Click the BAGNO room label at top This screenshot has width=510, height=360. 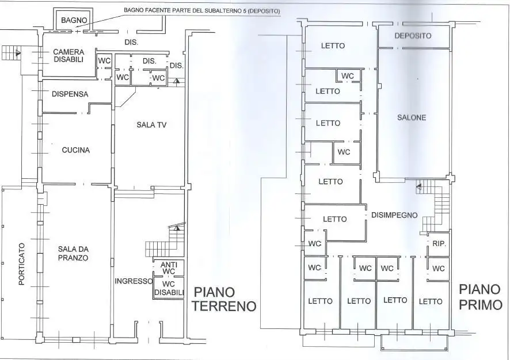[74, 20]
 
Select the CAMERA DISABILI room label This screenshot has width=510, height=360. [68, 56]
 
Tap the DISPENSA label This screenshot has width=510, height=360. [70, 94]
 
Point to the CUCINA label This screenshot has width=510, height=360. [76, 151]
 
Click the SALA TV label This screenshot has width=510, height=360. [151, 125]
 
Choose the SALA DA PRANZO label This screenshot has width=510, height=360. [73, 254]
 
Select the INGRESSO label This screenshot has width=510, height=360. [133, 281]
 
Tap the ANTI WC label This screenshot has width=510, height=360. [168, 268]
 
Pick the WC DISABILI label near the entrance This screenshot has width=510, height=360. [169, 288]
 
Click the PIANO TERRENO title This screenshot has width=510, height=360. [223, 298]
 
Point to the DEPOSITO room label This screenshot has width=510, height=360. [413, 36]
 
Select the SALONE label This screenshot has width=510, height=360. [412, 117]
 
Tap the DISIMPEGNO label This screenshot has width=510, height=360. [394, 215]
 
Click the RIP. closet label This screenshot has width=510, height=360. [439, 243]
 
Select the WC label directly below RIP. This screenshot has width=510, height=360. [439, 269]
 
